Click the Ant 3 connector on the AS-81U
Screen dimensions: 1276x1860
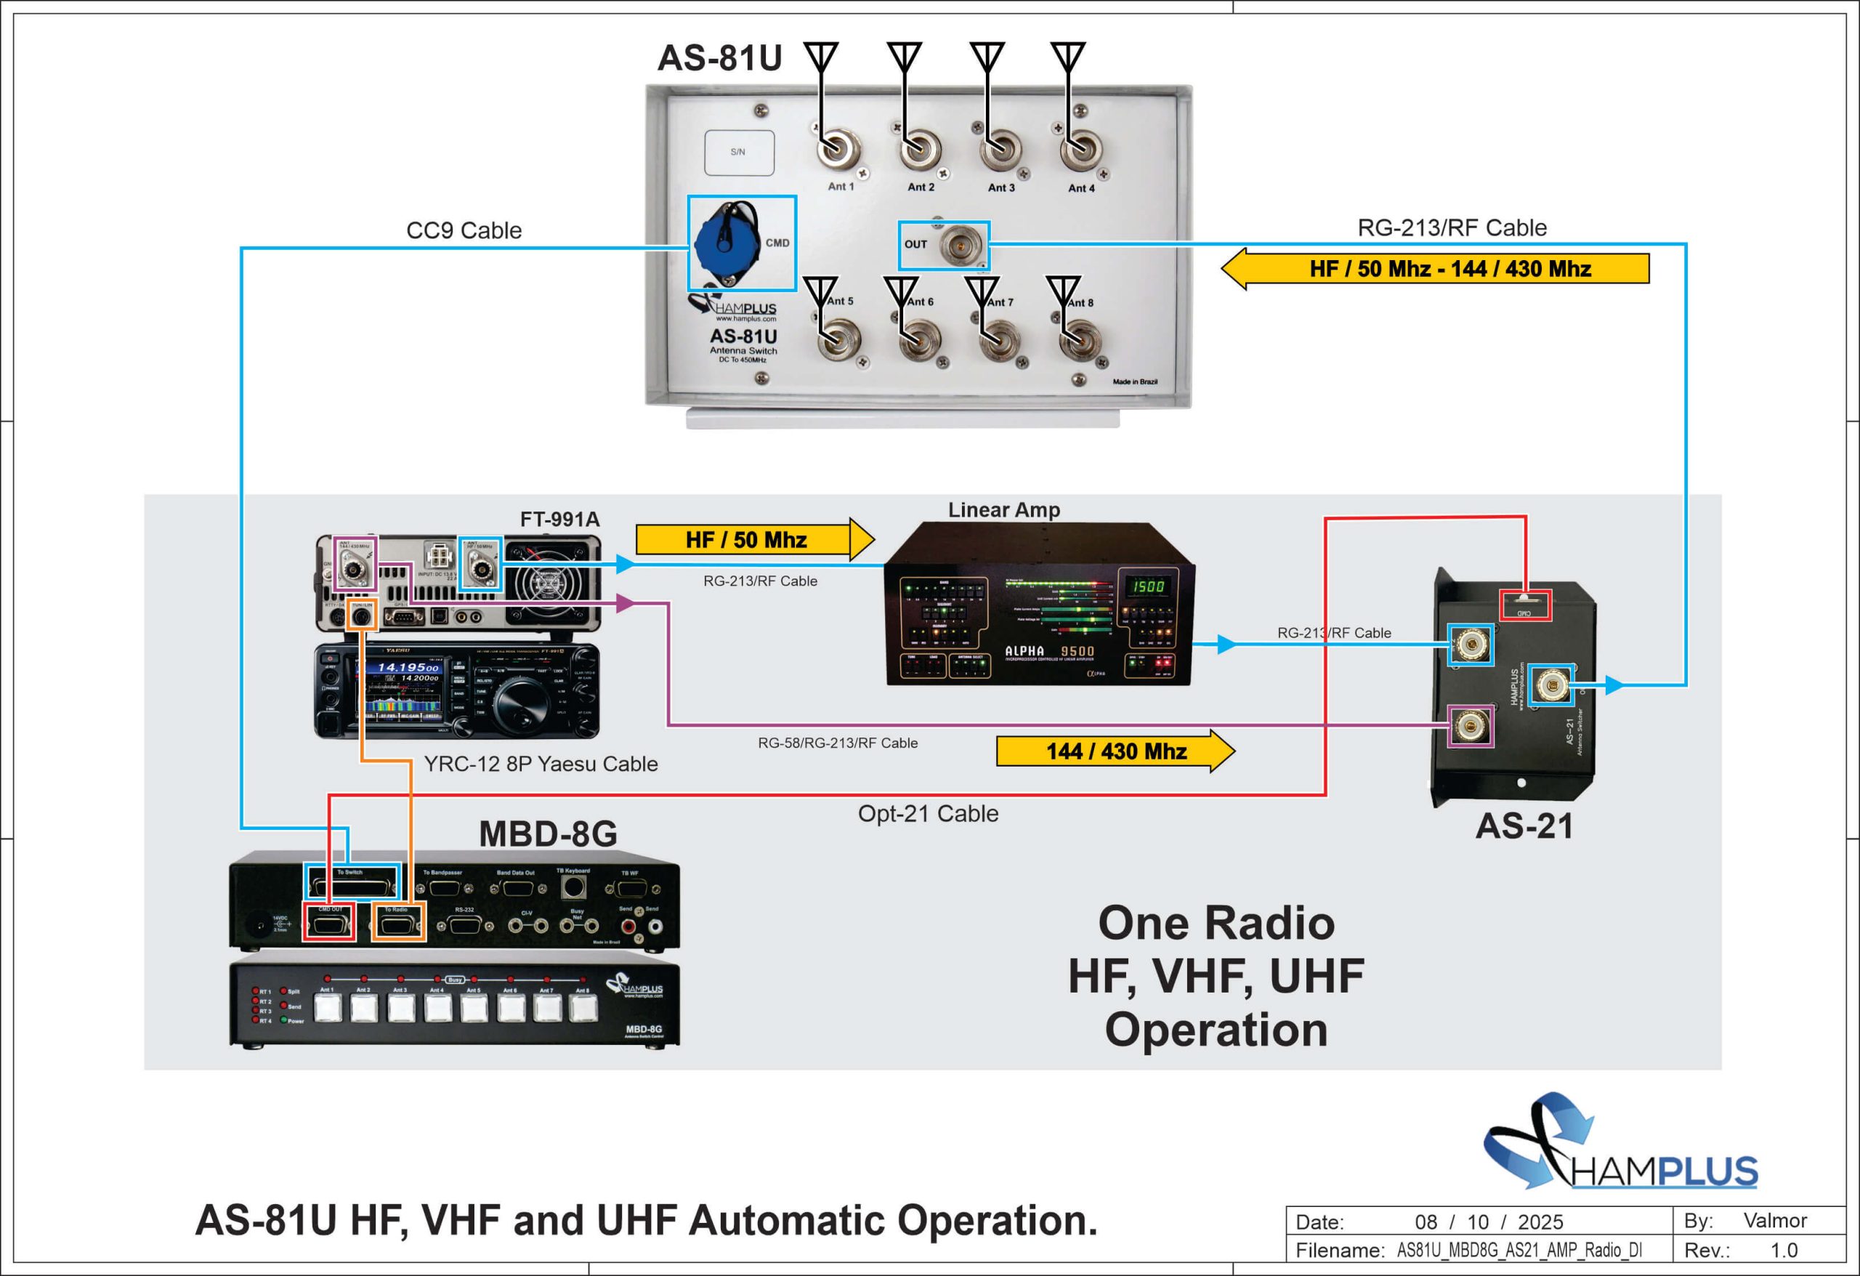pos(1000,150)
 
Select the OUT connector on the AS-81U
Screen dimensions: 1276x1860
pos(960,246)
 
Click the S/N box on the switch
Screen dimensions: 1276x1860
pos(739,152)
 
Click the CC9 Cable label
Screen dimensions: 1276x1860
pos(464,230)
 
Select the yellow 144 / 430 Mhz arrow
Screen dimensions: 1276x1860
pos(1115,751)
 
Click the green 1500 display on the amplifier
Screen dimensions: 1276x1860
pos(1147,586)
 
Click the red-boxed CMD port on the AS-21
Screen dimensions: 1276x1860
pos(1524,605)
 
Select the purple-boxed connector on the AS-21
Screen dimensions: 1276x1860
pos(1471,726)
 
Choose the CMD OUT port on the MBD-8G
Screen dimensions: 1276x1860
pos(329,924)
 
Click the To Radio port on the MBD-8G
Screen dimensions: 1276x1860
pos(397,924)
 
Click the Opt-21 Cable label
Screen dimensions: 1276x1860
pos(928,813)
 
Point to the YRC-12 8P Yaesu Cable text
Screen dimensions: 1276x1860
pos(541,764)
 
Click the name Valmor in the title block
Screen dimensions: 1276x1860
pos(1774,1220)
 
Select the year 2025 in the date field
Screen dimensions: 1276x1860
pos(1540,1222)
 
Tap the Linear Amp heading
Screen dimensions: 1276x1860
pos(1003,510)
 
